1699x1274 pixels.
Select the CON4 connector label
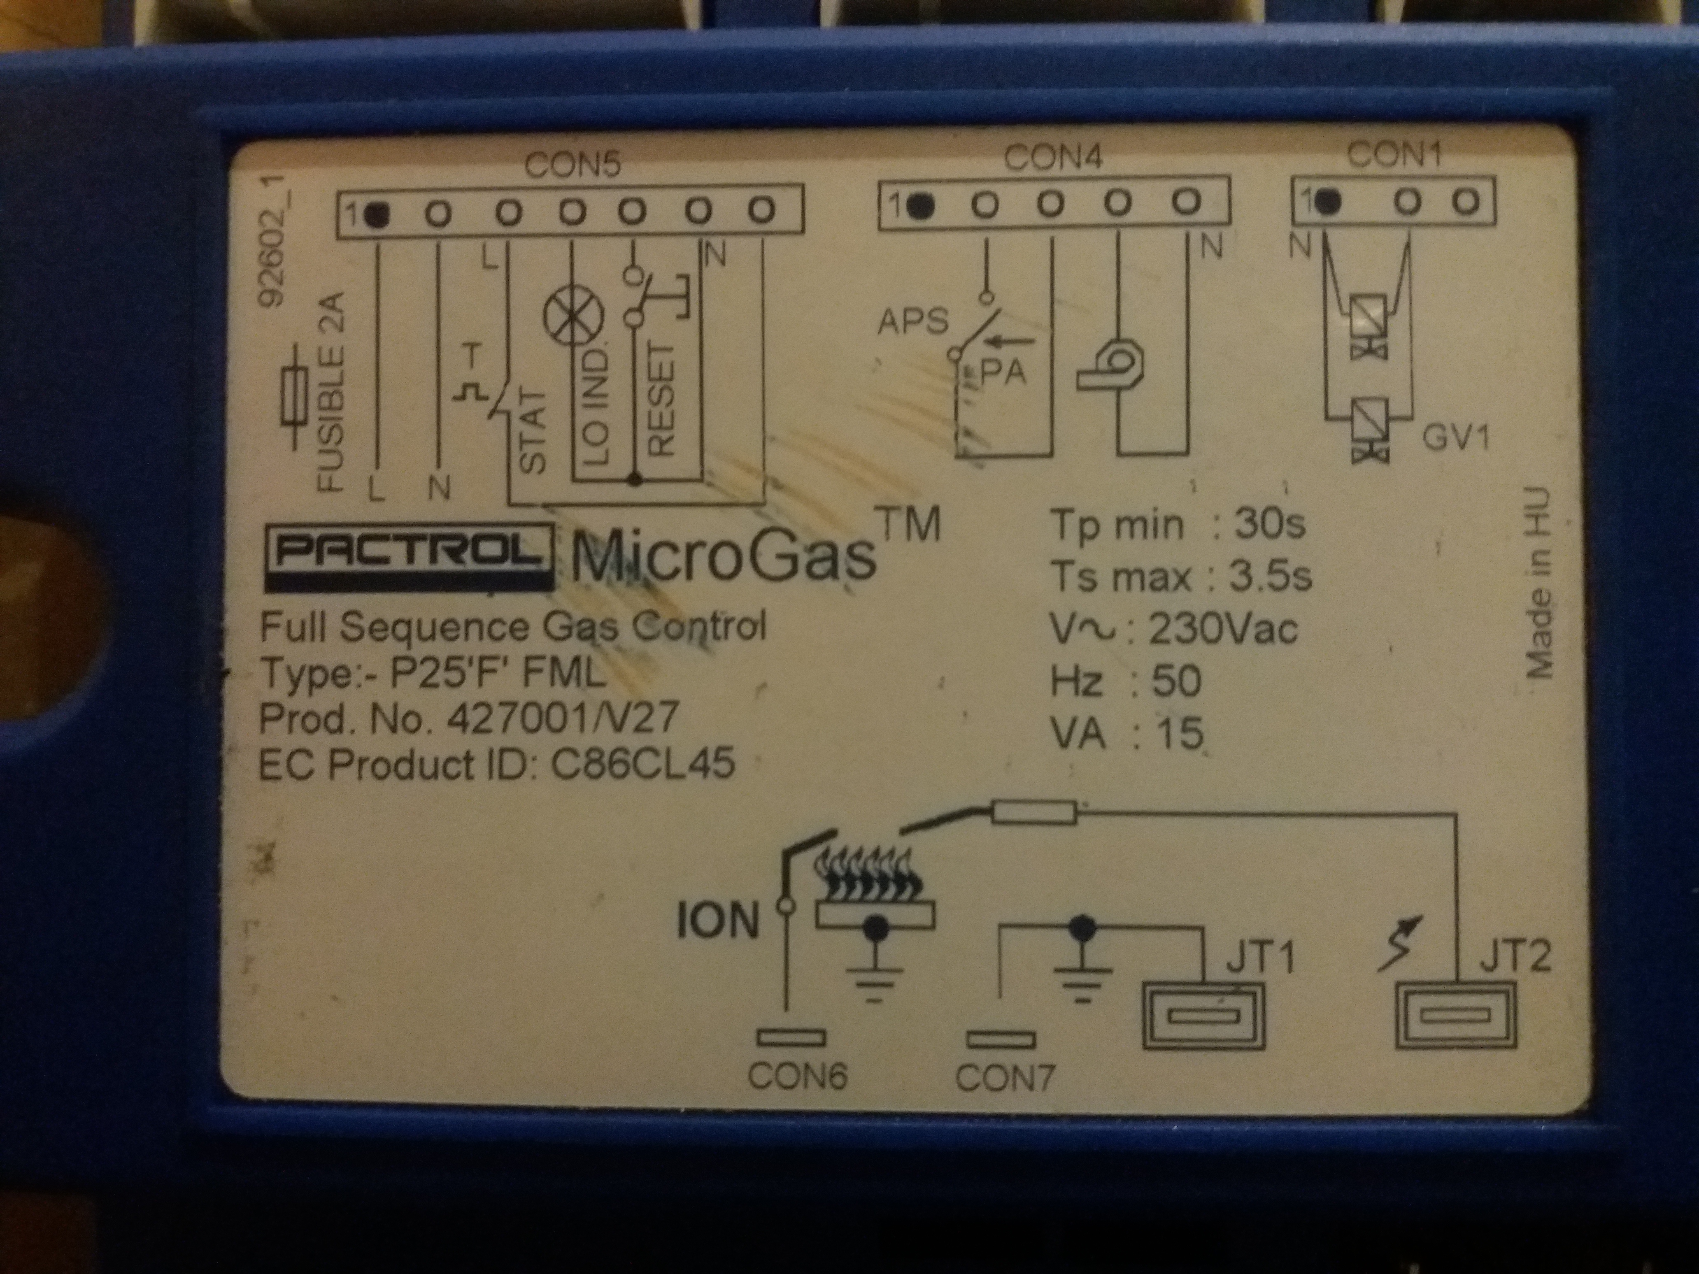(1053, 158)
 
